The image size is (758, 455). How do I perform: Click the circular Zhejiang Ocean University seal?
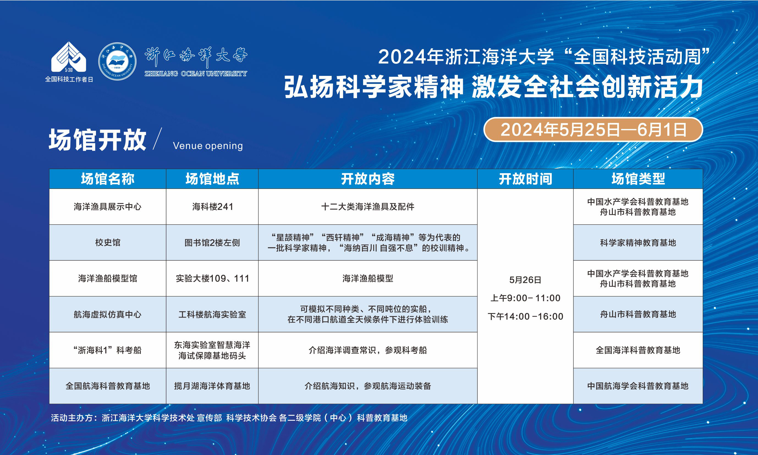[117, 61]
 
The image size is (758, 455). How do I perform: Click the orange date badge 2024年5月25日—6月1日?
[593, 129]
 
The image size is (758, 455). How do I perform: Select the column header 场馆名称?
[108, 179]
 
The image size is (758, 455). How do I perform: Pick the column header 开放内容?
[368, 179]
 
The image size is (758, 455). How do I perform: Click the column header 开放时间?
[525, 179]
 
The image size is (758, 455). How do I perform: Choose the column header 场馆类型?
[638, 179]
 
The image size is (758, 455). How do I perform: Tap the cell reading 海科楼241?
[213, 207]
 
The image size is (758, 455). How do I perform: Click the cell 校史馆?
[108, 242]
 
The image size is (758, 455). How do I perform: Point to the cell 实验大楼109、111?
[213, 278]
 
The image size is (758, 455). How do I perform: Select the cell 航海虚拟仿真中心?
[108, 314]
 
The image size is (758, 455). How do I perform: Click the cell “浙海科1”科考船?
[108, 350]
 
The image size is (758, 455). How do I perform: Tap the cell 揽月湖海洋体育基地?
[212, 386]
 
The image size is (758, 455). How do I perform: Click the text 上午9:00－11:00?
[525, 298]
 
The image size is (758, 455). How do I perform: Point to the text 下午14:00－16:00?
[525, 316]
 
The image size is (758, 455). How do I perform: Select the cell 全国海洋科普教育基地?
[638, 350]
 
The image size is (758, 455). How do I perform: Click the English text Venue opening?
[208, 146]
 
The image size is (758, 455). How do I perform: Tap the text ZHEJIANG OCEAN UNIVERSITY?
[196, 74]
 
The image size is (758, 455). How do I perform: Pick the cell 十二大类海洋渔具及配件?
[368, 207]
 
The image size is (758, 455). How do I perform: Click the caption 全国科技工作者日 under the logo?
[69, 79]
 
